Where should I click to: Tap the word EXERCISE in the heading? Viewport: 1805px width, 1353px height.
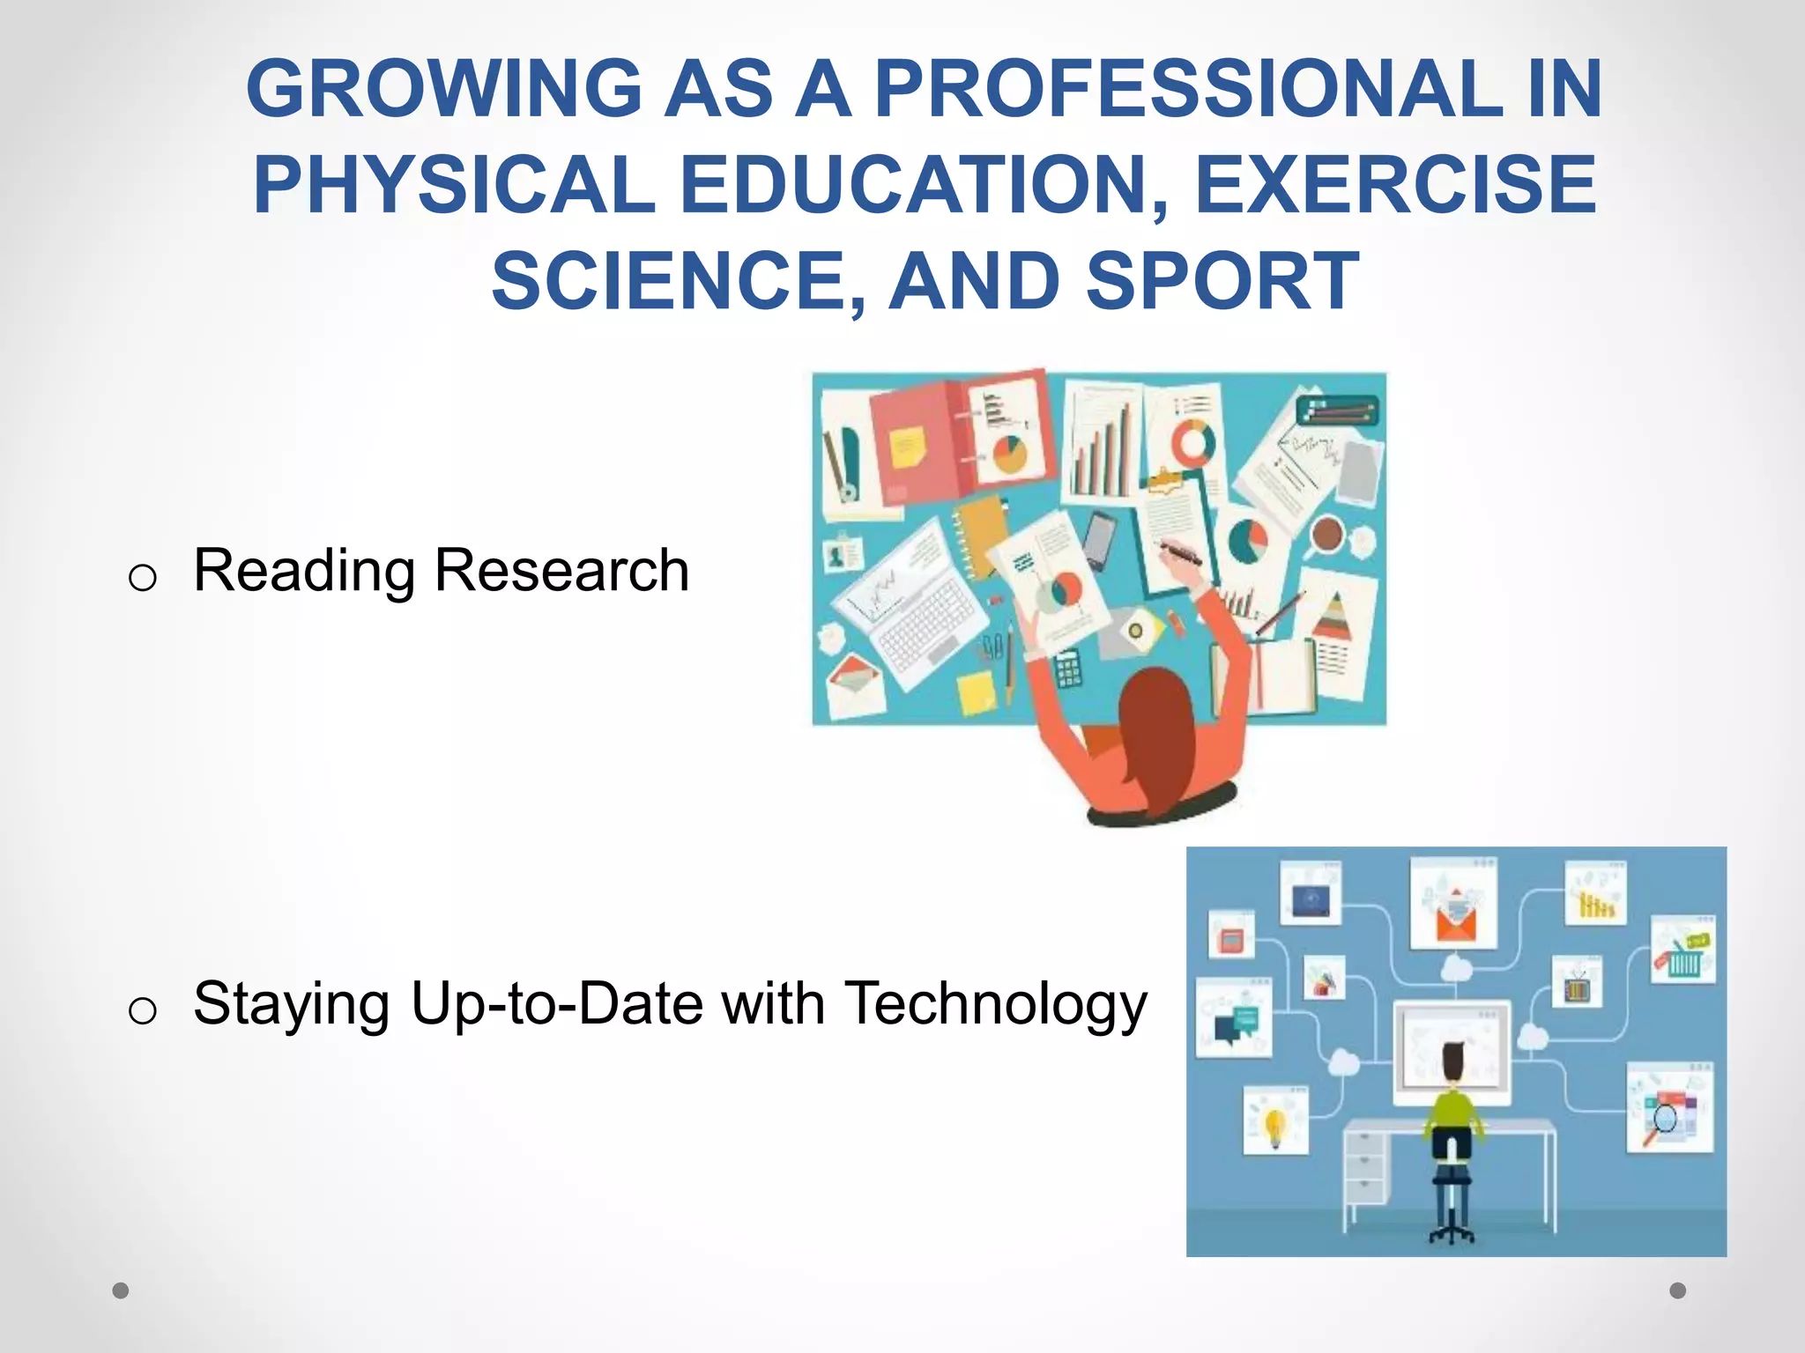(1394, 185)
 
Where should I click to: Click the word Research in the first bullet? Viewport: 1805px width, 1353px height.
(561, 570)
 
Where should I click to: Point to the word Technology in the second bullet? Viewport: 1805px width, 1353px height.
(995, 1003)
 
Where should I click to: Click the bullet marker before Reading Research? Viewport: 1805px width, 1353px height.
(142, 578)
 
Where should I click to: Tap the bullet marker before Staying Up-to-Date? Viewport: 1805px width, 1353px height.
(142, 1010)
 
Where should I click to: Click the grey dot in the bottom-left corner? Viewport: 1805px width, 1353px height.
(121, 1290)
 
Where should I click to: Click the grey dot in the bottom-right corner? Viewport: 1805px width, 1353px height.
(1678, 1290)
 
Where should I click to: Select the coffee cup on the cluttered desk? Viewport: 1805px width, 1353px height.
(1327, 534)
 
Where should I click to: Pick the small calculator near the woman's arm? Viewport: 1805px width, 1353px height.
(1067, 667)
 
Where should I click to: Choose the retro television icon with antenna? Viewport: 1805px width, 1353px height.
(1577, 986)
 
